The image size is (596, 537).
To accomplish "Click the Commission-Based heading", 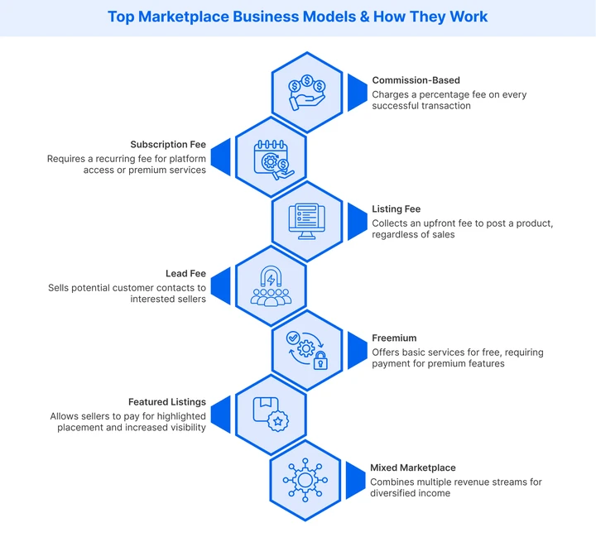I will (416, 80).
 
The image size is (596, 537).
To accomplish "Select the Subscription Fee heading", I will (168, 145).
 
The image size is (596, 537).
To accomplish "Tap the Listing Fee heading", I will (397, 209).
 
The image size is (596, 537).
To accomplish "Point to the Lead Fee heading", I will (186, 274).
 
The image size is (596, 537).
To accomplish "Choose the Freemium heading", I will (394, 338).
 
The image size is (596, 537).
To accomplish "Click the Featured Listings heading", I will (166, 402).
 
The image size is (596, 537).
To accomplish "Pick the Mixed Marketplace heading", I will (412, 467).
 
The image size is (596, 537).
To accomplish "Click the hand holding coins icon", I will (307, 93).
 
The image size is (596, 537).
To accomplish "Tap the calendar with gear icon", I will (271, 157).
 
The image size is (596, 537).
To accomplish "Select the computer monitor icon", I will (307, 221).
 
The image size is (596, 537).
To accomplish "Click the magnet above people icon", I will (271, 285).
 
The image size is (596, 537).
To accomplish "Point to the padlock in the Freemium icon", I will (320, 362).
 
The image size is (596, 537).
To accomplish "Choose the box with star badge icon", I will (271, 414).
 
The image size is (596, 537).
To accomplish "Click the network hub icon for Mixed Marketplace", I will (305, 480).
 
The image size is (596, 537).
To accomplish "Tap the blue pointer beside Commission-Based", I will (356, 93).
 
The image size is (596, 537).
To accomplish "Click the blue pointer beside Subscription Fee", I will (221, 157).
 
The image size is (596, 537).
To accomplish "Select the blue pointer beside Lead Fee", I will (221, 285).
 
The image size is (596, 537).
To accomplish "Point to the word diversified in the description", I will (400, 493).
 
